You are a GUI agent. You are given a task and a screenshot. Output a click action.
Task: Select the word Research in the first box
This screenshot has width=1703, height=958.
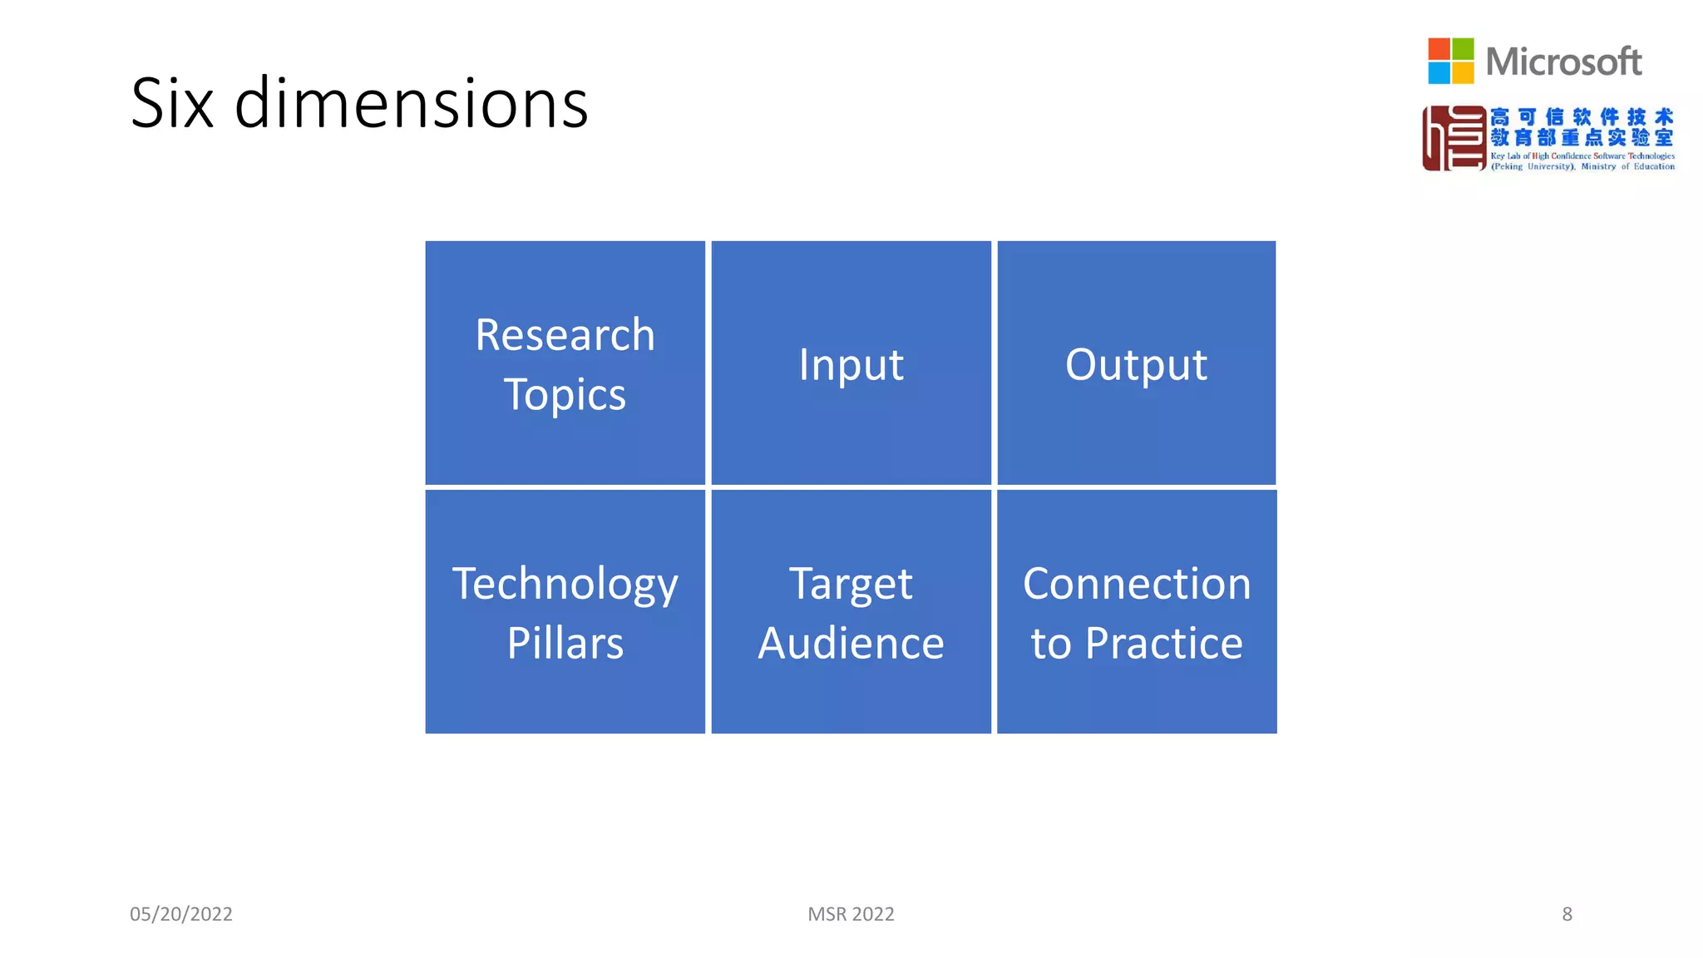pos(565,335)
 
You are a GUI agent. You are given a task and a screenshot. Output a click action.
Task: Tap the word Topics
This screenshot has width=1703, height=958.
pos(565,395)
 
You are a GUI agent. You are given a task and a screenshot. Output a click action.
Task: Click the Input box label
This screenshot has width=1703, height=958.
pos(851,365)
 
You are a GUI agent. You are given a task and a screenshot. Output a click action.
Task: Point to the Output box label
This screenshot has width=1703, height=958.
pos(1136,365)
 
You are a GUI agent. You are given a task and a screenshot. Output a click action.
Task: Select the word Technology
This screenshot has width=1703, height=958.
pos(565,585)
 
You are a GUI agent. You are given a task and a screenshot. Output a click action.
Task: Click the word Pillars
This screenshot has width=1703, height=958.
pos(565,644)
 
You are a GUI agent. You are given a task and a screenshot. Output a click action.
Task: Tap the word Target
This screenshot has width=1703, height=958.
pos(851,585)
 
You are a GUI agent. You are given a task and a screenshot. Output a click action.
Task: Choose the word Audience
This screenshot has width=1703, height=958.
pos(851,644)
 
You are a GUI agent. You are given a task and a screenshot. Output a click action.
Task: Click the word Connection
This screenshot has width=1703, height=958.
pos(1136,584)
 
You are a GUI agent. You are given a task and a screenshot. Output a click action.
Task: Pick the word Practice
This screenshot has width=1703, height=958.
pos(1163,644)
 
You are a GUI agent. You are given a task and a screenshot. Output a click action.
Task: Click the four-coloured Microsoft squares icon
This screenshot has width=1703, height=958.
pos(1450,61)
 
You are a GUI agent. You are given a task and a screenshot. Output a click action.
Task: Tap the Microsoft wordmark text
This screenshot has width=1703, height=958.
pos(1563,62)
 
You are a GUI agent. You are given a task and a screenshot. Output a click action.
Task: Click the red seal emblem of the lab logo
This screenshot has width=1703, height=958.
pos(1454,138)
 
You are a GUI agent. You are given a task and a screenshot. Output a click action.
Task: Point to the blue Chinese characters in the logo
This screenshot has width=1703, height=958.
pos(1581,127)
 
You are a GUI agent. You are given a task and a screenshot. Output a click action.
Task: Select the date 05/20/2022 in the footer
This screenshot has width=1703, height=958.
pos(181,914)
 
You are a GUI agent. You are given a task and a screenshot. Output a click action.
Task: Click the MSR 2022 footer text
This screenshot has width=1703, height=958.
pos(851,914)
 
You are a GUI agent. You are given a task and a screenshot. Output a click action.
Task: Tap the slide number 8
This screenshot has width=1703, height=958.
pos(1567,914)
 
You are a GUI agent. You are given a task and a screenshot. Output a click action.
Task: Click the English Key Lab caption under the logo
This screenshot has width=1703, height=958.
pos(1582,161)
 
